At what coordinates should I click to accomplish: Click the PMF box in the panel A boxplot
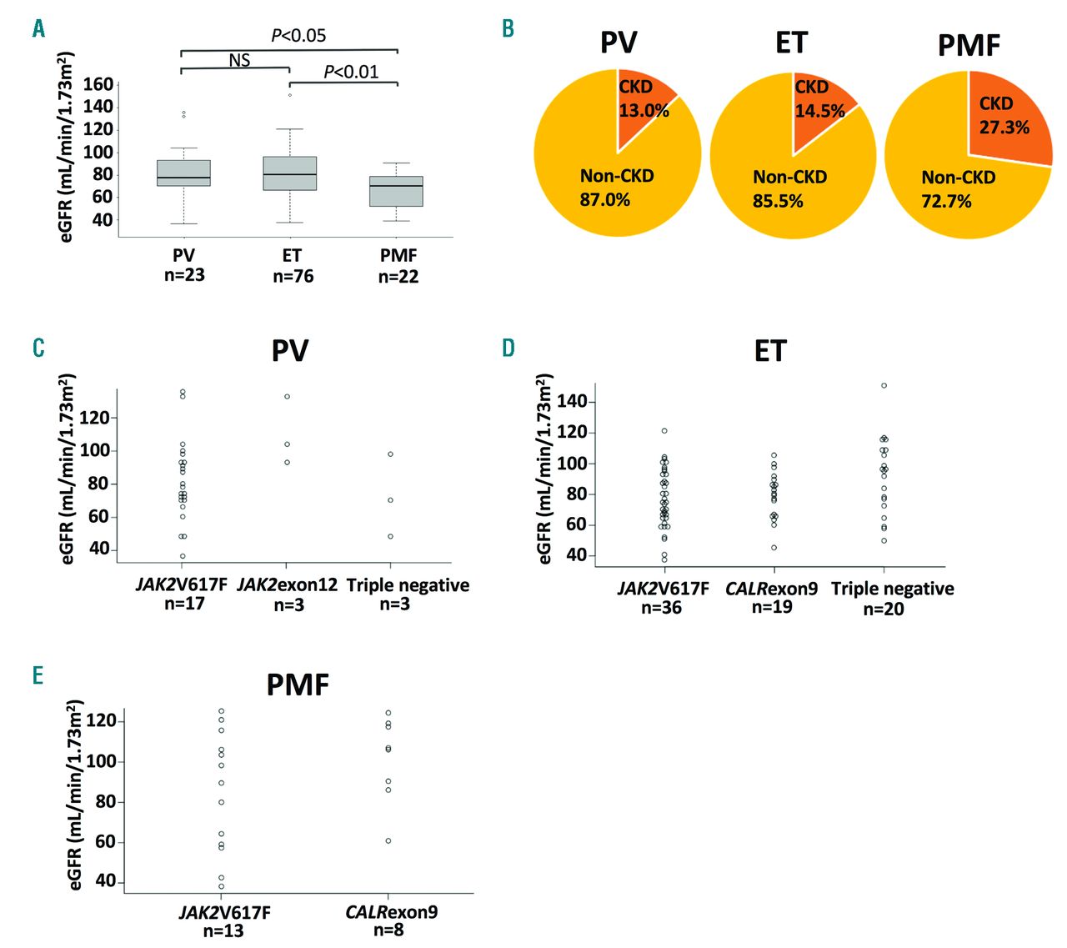point(396,191)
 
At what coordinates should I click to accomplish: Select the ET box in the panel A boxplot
point(289,173)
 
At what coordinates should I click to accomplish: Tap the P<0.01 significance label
point(351,72)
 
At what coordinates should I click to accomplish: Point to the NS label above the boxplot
point(239,60)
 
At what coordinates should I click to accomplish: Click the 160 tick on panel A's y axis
point(98,84)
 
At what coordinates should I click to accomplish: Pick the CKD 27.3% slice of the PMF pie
point(1004,117)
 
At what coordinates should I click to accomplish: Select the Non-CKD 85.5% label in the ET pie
point(789,189)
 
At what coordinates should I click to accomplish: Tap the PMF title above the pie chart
point(969,45)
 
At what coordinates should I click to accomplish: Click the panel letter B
point(508,29)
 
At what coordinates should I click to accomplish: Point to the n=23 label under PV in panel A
point(184,275)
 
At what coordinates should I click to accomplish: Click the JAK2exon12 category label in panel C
point(288,585)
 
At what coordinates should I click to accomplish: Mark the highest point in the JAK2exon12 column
point(288,397)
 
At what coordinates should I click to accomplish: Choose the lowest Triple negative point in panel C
point(390,536)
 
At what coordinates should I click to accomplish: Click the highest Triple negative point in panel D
point(884,385)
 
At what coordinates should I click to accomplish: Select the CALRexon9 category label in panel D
point(772,589)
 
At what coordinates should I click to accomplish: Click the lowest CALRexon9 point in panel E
point(388,840)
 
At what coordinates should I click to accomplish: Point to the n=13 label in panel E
point(223,930)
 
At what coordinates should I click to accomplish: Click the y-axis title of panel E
point(77,795)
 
